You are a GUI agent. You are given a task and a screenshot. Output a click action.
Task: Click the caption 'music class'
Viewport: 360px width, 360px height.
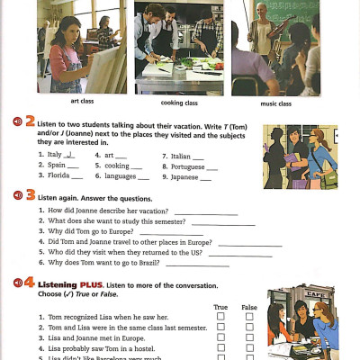pos(276,103)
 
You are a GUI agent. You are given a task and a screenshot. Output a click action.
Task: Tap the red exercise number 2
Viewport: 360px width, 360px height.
pos(30,121)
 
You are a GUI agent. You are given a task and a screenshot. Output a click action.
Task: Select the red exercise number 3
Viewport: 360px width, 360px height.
pos(30,193)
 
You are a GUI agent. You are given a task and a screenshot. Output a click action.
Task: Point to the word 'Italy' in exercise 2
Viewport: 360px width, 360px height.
pos(53,155)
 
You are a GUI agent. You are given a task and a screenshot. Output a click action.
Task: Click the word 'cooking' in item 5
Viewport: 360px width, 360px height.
pos(117,166)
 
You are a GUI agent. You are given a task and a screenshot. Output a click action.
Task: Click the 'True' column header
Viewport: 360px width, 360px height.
pos(220,307)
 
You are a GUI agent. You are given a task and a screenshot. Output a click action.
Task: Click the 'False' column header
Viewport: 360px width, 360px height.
pos(249,307)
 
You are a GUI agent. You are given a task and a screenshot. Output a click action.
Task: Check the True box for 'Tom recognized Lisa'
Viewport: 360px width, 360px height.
pos(220,317)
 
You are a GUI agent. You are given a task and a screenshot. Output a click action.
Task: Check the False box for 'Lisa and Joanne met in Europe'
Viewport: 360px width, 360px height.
pos(249,337)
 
